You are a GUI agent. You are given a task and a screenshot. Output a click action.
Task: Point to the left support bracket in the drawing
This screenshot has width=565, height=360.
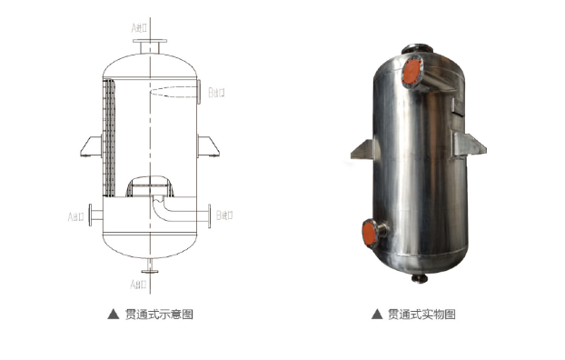90,146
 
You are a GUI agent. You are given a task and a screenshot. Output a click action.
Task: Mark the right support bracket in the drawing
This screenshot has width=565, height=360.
208,146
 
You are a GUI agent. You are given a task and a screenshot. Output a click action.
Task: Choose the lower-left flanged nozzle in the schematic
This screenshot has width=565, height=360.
94,216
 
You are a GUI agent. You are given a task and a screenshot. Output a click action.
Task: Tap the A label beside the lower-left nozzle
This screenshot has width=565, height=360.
76,216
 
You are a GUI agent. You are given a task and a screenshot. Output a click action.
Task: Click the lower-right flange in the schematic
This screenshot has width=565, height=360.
209,216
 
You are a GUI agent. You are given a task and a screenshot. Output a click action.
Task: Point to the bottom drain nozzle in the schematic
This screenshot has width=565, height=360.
149,269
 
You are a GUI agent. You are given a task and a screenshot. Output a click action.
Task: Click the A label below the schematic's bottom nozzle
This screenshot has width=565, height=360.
139,285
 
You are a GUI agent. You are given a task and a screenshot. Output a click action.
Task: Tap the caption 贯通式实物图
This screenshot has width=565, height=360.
421,315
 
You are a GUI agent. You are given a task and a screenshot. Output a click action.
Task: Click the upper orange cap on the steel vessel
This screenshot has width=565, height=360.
413,71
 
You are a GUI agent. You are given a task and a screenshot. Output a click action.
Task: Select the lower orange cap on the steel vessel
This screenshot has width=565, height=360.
369,232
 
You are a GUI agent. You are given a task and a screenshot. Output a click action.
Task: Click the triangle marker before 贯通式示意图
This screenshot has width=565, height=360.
113,315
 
